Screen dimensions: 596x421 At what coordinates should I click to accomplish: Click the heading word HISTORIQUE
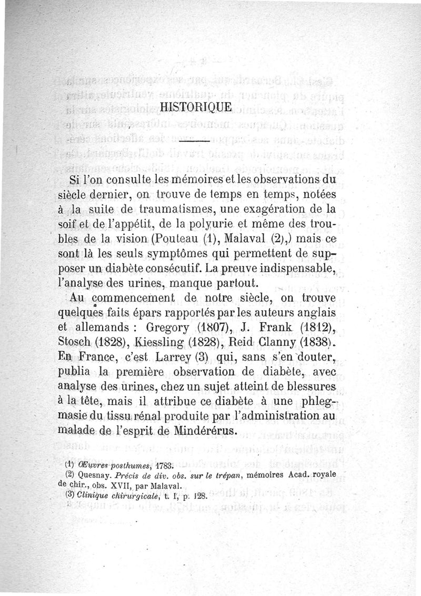tap(195, 107)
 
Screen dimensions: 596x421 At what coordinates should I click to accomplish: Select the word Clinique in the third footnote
tap(92, 496)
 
